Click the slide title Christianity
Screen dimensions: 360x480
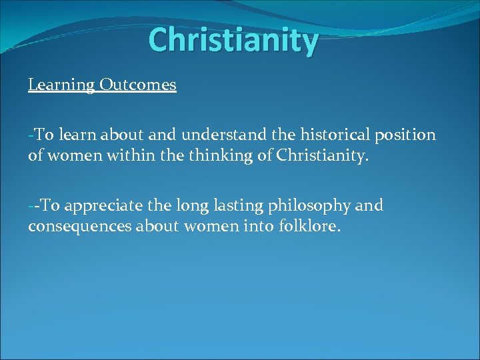point(233,40)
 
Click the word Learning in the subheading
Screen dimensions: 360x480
point(62,85)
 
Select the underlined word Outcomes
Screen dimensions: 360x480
point(138,85)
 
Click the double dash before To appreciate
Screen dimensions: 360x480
point(33,206)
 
